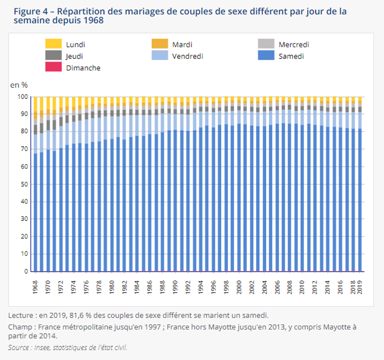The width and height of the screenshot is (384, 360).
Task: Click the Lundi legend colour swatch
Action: click(x=53, y=44)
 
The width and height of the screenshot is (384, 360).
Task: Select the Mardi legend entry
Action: click(x=182, y=44)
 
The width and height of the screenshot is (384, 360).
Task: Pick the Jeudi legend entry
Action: click(x=74, y=56)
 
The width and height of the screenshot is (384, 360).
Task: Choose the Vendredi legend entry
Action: click(x=187, y=56)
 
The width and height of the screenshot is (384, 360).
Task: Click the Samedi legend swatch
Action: click(x=266, y=56)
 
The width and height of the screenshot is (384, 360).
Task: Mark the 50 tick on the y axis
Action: click(x=24, y=184)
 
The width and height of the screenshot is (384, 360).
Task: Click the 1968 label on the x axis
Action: click(x=35, y=287)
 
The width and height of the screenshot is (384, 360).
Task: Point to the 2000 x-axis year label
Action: click(x=239, y=287)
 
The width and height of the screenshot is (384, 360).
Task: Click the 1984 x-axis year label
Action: click(x=137, y=287)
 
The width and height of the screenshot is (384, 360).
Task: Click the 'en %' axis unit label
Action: click(x=19, y=84)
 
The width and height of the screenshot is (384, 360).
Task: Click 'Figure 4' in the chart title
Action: click(x=26, y=10)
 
